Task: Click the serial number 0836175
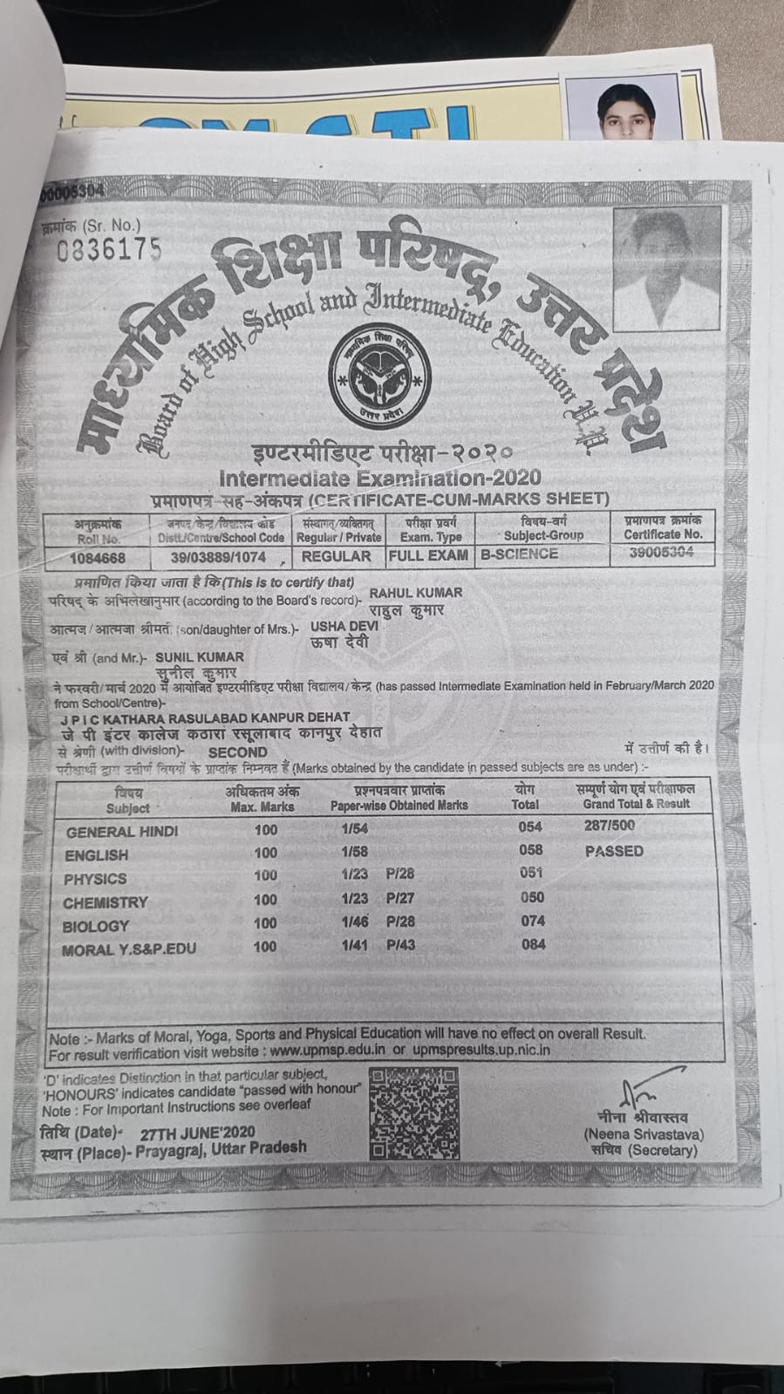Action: pyautogui.click(x=109, y=250)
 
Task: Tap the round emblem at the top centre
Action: pyautogui.click(x=380, y=375)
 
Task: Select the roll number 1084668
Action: pyautogui.click(x=98, y=558)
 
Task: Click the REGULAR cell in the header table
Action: pyautogui.click(x=336, y=556)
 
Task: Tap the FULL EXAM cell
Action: pyautogui.click(x=428, y=555)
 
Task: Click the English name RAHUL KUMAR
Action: pyautogui.click(x=416, y=593)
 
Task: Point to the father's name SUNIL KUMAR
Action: pyautogui.click(x=200, y=656)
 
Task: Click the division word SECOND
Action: pyautogui.click(x=237, y=751)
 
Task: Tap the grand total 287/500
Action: pyautogui.click(x=610, y=825)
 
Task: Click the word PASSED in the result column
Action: pyautogui.click(x=614, y=851)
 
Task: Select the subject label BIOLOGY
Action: pyautogui.click(x=96, y=926)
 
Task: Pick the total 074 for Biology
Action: pyautogui.click(x=532, y=921)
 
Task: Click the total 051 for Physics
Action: pyautogui.click(x=531, y=873)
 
